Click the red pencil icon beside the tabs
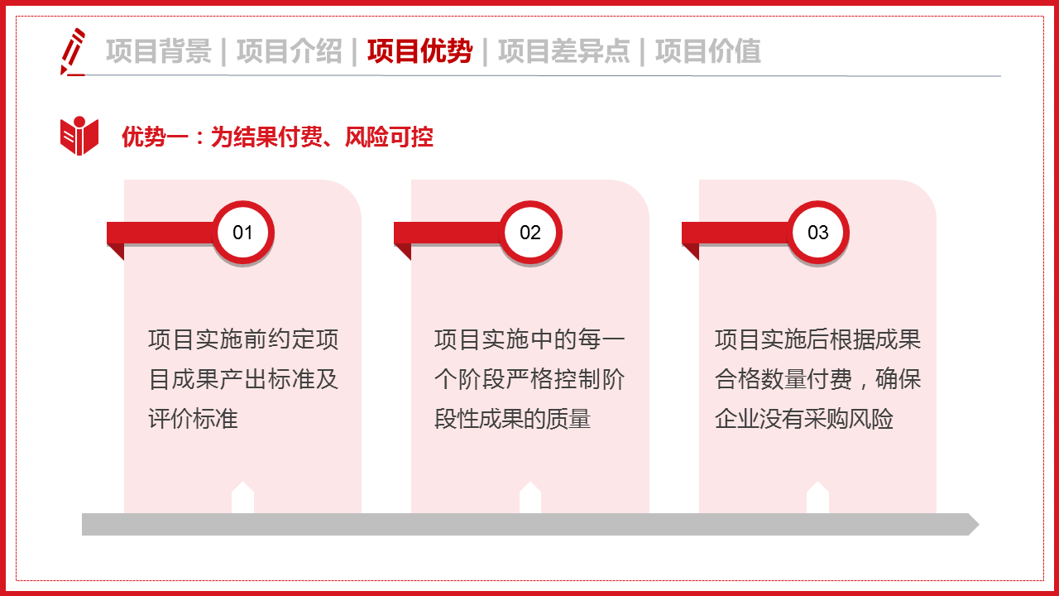pyautogui.click(x=73, y=51)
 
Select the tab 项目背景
pyautogui.click(x=158, y=51)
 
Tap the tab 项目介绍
pyautogui.click(x=289, y=51)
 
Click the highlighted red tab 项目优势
pyautogui.click(x=419, y=51)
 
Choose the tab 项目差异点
pyautogui.click(x=563, y=51)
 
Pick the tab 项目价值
pyautogui.click(x=707, y=51)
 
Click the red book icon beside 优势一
pyautogui.click(x=79, y=136)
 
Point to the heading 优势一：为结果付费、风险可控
pyautogui.click(x=277, y=137)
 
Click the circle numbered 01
pyautogui.click(x=242, y=233)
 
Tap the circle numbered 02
pyautogui.click(x=530, y=233)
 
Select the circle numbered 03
pyautogui.click(x=817, y=233)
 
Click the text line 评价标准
pyautogui.click(x=194, y=419)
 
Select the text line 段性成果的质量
pyautogui.click(x=512, y=419)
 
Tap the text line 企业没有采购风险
pyautogui.click(x=804, y=419)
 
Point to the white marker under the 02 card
pyautogui.click(x=530, y=498)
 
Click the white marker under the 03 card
pyautogui.click(x=817, y=498)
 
